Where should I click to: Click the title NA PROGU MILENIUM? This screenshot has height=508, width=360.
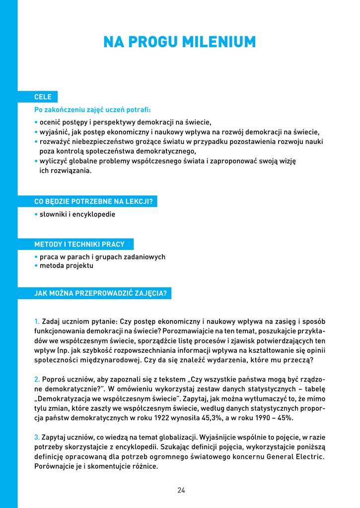pyautogui.click(x=179, y=42)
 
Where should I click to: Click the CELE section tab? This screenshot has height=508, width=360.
pyautogui.click(x=43, y=97)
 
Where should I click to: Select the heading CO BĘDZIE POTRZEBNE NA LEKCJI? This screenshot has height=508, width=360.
pyautogui.click(x=93, y=201)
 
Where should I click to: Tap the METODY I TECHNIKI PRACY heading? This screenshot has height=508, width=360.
pyautogui.click(x=79, y=244)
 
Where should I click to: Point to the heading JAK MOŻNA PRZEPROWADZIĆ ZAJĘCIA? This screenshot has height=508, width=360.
pyautogui.click(x=100, y=293)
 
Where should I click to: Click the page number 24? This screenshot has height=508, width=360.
pyautogui.click(x=181, y=490)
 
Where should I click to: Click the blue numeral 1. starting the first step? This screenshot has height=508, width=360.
pyautogui.click(x=37, y=321)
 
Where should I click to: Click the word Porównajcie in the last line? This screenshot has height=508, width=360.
pyautogui.click(x=54, y=466)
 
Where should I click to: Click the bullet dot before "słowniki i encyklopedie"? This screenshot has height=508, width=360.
pyautogui.click(x=36, y=214)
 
